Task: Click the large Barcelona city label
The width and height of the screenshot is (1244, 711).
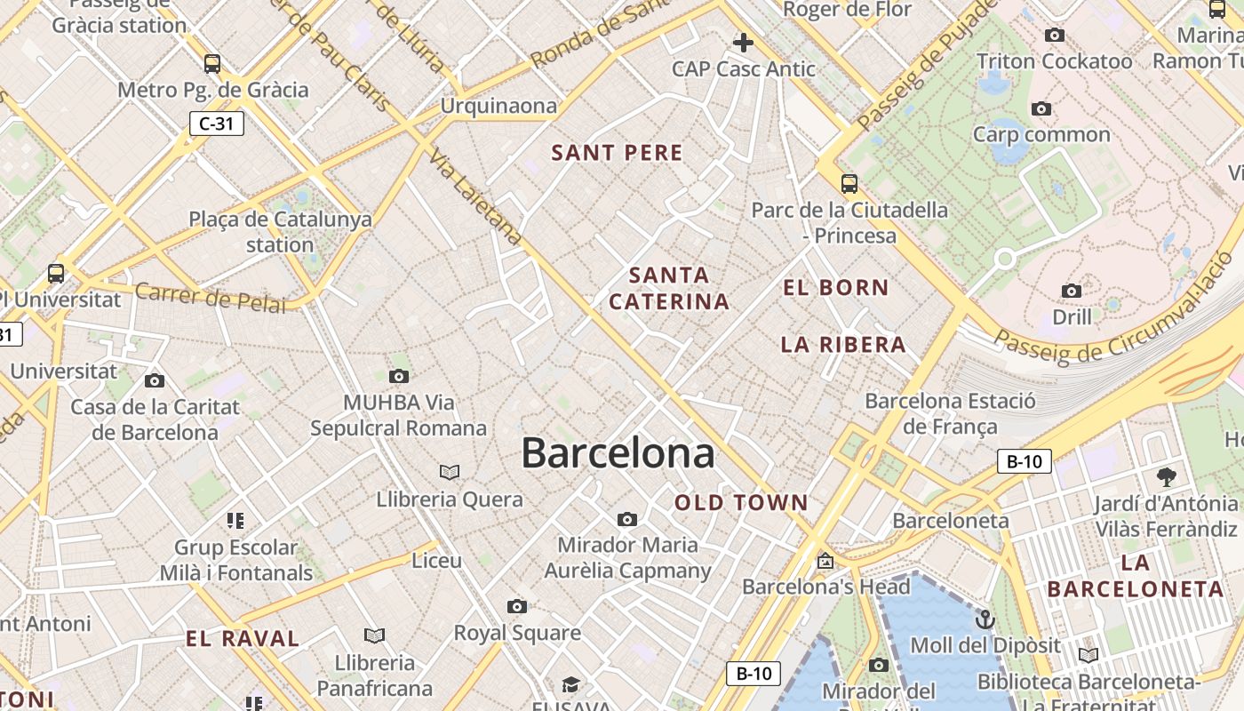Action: coord(618,452)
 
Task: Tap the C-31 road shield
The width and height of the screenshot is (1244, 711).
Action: coord(216,124)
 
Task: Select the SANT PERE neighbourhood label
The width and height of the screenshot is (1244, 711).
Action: coord(618,153)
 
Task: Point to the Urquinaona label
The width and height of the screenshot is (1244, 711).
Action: coord(499,106)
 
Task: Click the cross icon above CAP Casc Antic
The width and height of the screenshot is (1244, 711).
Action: coord(743,42)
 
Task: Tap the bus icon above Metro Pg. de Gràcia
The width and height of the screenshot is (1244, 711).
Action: coord(212,64)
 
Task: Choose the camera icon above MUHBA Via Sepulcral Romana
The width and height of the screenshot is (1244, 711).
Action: coord(399,376)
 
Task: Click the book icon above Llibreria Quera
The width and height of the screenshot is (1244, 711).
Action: coord(450,472)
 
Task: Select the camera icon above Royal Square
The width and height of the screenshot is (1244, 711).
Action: coord(517,606)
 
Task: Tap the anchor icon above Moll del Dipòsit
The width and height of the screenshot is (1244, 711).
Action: coord(985,619)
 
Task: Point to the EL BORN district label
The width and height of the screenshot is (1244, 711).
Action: coord(836,288)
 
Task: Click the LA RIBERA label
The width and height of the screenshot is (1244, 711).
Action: coord(843,345)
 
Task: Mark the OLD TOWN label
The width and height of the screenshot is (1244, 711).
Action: coord(742,503)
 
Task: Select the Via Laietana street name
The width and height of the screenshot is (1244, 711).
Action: coord(475,197)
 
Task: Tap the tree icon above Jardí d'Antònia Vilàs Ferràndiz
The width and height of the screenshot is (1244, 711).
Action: coord(1166,477)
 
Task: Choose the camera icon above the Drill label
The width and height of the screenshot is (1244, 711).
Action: coord(1072,291)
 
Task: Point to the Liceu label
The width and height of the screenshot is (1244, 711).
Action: coord(437,561)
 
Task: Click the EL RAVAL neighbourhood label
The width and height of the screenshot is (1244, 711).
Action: coord(243,638)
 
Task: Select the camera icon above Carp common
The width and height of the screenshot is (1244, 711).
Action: coord(1041,109)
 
